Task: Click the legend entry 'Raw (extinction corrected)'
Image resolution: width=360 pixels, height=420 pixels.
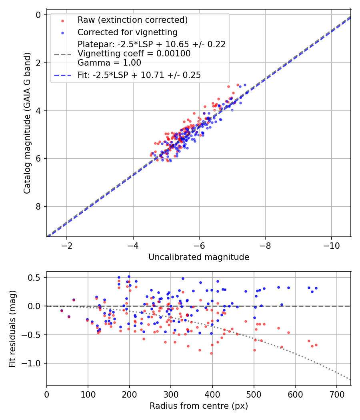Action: click(132, 20)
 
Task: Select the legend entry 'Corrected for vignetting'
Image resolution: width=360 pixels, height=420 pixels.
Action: click(128, 32)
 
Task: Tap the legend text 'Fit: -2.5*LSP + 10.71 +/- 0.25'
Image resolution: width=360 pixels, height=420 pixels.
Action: click(139, 75)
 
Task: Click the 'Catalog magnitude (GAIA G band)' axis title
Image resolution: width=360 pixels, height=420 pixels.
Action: click(27, 126)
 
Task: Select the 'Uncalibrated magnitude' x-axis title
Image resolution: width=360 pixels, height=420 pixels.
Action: click(199, 257)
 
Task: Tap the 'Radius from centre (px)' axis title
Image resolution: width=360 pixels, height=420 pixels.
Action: click(199, 406)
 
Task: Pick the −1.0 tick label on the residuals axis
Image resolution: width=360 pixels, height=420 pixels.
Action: click(34, 363)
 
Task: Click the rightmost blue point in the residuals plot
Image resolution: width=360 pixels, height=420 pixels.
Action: click(316, 288)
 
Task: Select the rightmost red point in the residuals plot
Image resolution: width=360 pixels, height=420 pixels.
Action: click(316, 345)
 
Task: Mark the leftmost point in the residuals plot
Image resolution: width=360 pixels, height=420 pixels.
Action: click(62, 310)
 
